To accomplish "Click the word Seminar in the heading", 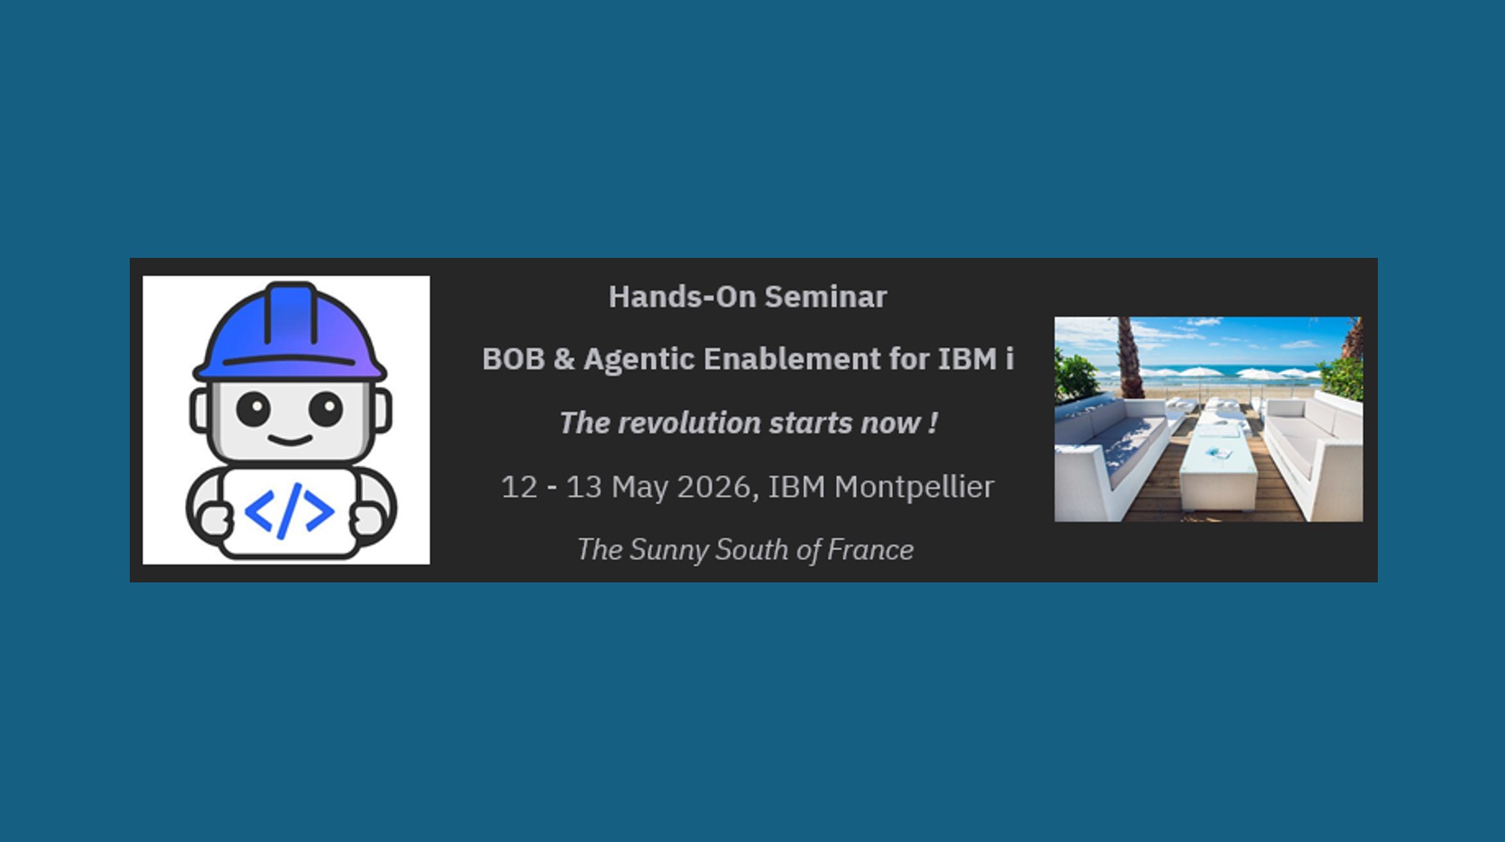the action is tap(825, 297).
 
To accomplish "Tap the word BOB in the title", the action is tap(513, 360).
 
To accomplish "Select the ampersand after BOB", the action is tap(564, 360).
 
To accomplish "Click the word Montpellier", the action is tap(914, 487).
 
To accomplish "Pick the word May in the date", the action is tap(639, 488).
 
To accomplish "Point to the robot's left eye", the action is tap(254, 409).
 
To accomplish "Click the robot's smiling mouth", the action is tap(289, 441).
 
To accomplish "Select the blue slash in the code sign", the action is tap(289, 511).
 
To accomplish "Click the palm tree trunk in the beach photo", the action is tap(1130, 358).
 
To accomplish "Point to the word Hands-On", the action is tap(682, 297).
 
